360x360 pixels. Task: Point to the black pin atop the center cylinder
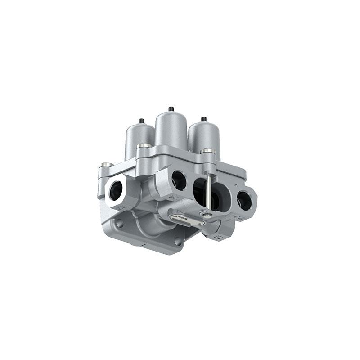click(171, 109)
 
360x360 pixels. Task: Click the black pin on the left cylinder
click(141, 121)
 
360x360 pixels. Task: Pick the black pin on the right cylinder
click(203, 119)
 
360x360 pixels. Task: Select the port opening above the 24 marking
click(179, 180)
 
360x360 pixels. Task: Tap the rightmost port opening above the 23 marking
click(244, 199)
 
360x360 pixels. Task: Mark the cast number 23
click(241, 218)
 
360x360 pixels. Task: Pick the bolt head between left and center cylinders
click(144, 146)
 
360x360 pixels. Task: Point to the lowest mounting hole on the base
click(178, 242)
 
